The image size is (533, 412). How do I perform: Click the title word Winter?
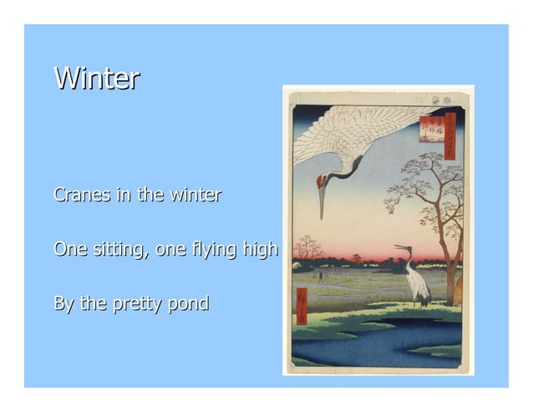coord(96,79)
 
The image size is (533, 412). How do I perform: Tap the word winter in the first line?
coord(195,196)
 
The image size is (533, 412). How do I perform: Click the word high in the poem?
coord(260,250)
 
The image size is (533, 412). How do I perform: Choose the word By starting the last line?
coord(63,304)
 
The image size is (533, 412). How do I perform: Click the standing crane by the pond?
coord(415,280)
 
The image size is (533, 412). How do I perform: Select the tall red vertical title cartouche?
coord(450,136)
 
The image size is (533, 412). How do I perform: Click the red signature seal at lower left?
coord(302,306)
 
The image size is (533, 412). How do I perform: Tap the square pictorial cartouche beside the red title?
coord(432,129)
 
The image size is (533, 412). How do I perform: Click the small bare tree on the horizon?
coord(307,247)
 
